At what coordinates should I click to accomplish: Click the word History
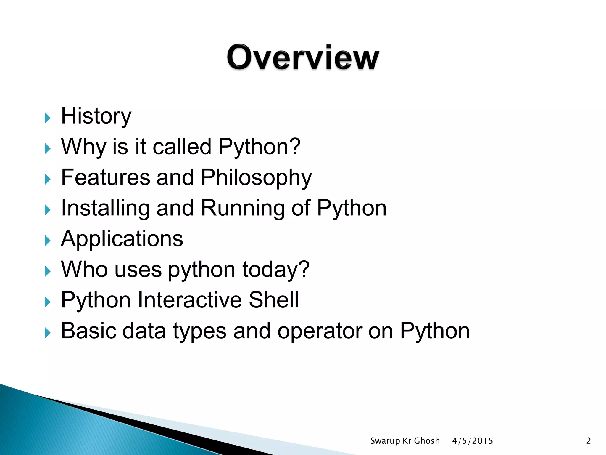click(x=96, y=116)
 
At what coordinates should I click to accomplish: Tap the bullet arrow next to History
click(x=48, y=118)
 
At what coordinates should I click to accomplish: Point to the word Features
click(x=105, y=177)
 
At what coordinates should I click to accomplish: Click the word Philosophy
click(x=256, y=178)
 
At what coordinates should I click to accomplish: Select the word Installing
click(x=105, y=209)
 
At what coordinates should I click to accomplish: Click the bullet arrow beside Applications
click(x=48, y=241)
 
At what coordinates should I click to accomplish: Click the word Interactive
click(x=189, y=300)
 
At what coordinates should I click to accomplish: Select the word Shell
click(x=273, y=300)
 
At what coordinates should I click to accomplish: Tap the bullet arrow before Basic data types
click(x=48, y=333)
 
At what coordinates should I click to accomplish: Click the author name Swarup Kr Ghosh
click(x=405, y=441)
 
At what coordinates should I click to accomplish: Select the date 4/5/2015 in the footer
click(x=473, y=441)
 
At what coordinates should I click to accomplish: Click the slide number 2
click(x=588, y=441)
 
